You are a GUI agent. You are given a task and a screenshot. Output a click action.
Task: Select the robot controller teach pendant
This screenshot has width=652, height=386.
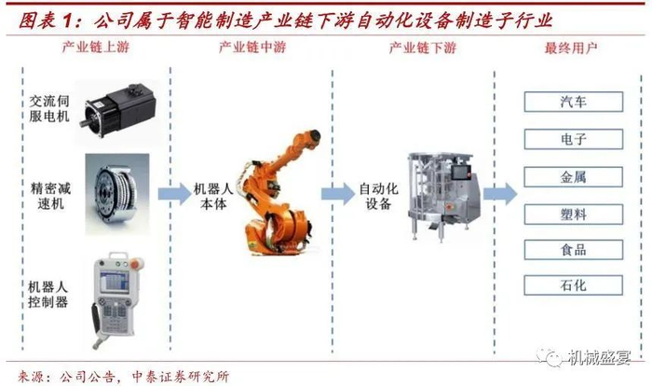[115, 286]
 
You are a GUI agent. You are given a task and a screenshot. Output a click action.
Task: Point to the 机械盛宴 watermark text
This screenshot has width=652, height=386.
[604, 357]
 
